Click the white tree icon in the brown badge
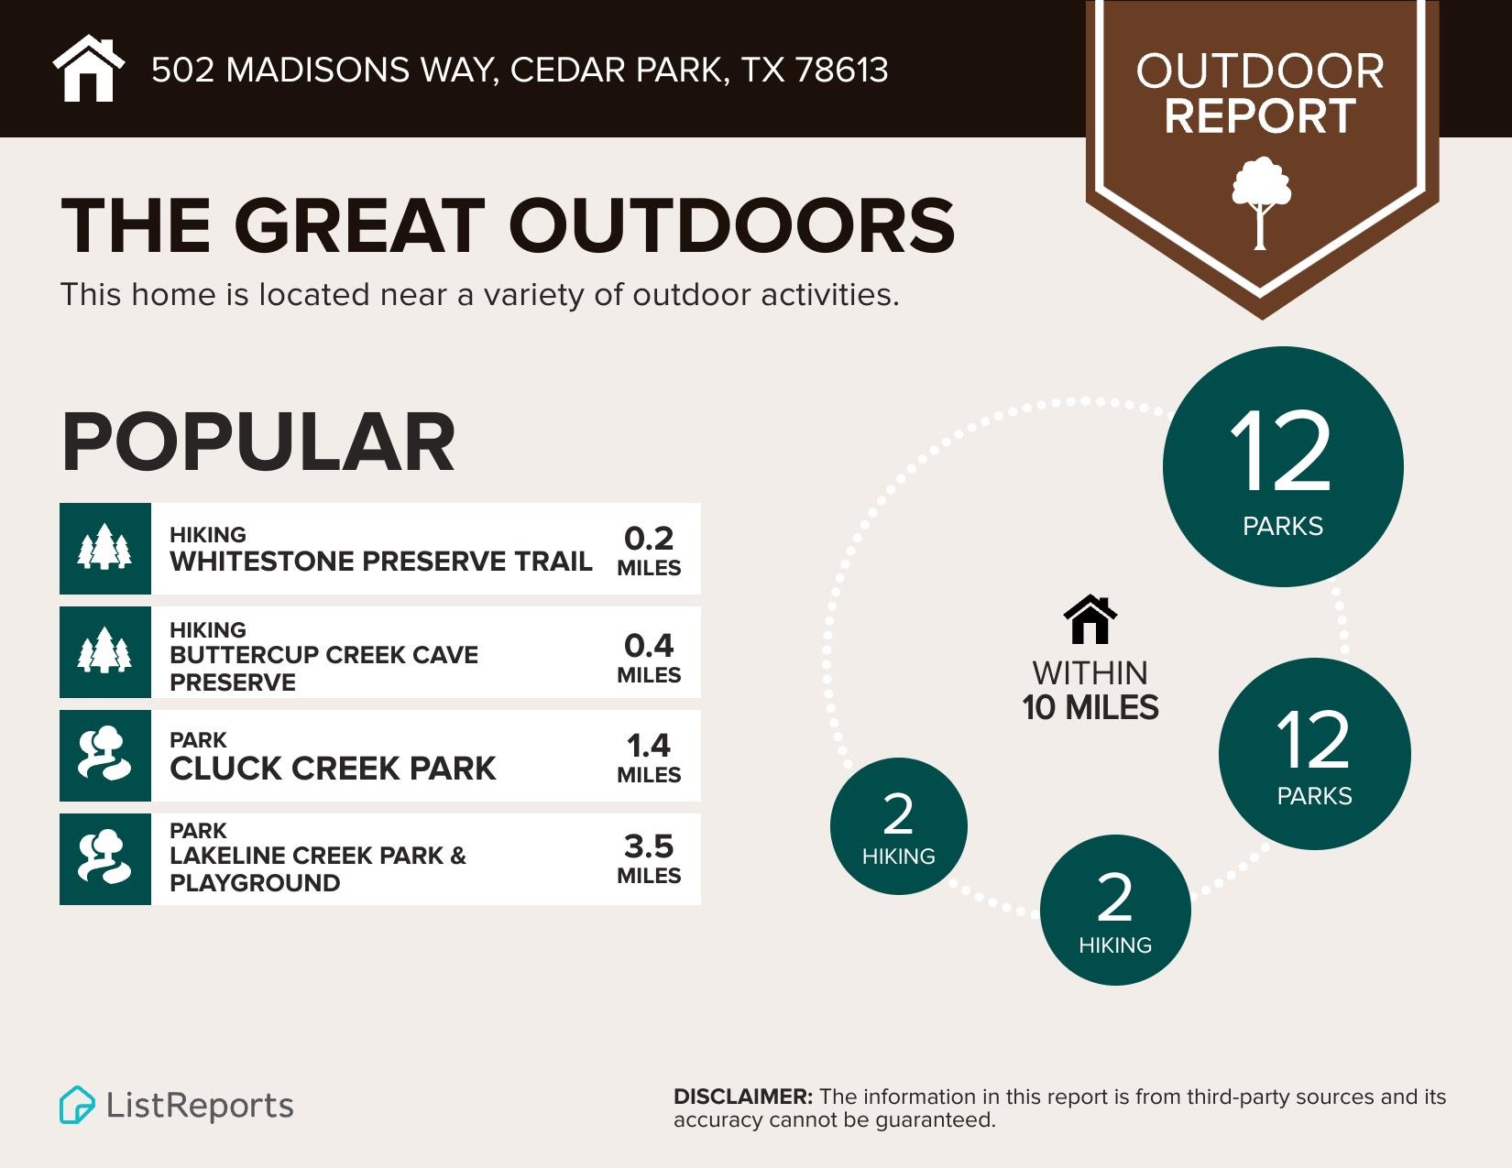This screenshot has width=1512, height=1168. coord(1261,202)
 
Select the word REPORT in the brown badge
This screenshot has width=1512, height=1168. coord(1260,116)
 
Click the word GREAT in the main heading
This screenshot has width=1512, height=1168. coord(357,225)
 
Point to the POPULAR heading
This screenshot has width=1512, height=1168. coord(258,442)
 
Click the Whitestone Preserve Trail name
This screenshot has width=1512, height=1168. coord(380,561)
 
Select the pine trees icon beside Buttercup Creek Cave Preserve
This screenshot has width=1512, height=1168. coord(105,651)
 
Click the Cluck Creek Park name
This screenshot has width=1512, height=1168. coord(333,769)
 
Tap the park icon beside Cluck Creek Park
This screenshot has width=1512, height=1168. coord(105,755)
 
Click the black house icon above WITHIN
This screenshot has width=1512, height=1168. coord(1090,620)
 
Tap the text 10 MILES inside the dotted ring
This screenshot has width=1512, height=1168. coord(1090,708)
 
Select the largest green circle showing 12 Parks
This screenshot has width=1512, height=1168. coord(1282,466)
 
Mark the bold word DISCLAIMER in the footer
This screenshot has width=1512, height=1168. coord(742,1097)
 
